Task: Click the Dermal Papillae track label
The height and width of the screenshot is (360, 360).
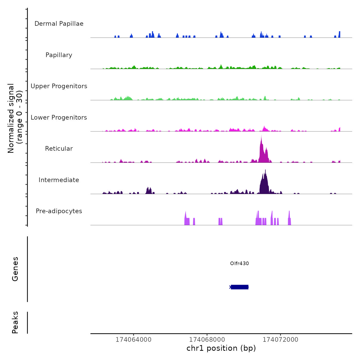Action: click(59, 24)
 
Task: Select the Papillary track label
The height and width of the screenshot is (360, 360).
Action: click(59, 55)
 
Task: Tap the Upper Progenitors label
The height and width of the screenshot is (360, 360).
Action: click(59, 86)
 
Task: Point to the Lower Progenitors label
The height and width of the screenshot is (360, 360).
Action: click(59, 118)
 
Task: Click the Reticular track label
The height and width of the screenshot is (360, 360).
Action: click(59, 149)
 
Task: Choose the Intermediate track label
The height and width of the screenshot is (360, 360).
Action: click(59, 180)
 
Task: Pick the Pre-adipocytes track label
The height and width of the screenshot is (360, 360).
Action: click(59, 211)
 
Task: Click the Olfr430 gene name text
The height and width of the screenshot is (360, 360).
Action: click(239, 263)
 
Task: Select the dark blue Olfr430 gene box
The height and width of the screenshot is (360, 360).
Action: click(240, 287)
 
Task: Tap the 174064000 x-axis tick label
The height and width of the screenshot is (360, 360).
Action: click(133, 340)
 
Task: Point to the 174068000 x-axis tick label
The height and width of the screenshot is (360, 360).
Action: click(207, 340)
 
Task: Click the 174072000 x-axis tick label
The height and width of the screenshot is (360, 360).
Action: click(280, 340)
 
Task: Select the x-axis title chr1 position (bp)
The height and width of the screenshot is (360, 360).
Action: click(221, 348)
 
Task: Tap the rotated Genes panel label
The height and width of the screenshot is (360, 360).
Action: click(15, 269)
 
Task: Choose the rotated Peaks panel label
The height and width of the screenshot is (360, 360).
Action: click(15, 322)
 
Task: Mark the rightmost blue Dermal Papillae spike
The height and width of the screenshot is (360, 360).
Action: click(339, 34)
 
